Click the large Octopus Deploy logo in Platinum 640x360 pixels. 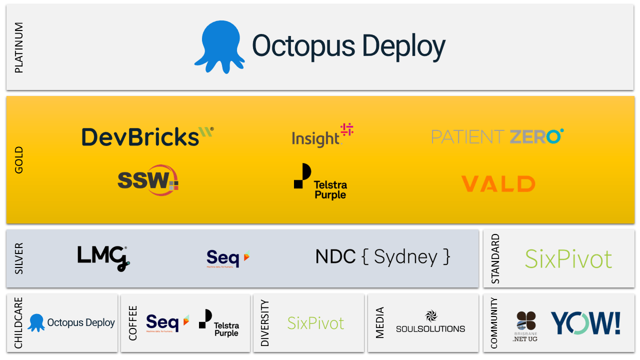(320, 46)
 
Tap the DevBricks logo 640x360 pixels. (147, 136)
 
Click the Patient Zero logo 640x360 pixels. (497, 136)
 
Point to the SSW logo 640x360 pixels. (148, 180)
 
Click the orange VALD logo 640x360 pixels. (497, 184)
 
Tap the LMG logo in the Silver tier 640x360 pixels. (103, 258)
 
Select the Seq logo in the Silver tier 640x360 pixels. (228, 258)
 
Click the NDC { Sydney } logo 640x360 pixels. (382, 257)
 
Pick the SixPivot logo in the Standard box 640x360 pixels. (568, 258)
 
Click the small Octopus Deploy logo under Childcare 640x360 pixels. (71, 323)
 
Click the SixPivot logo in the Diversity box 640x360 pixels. (315, 323)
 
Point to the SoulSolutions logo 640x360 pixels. (430, 322)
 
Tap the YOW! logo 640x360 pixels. (585, 323)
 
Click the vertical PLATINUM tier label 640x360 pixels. (19, 47)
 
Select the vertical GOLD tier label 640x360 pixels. (19, 160)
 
